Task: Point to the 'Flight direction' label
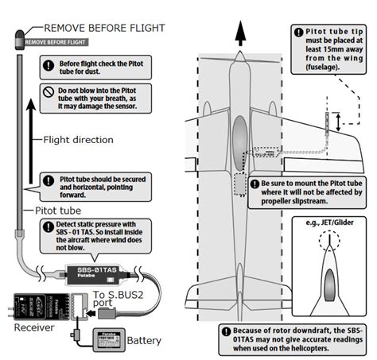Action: (x=80, y=141)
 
